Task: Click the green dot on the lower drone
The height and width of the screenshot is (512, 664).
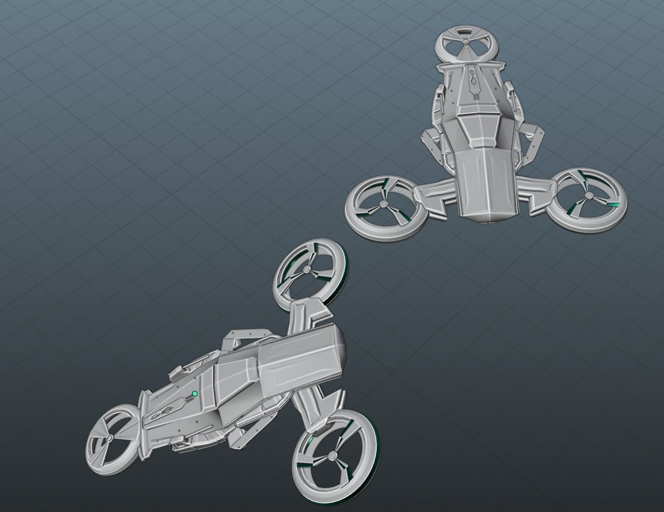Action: point(194,394)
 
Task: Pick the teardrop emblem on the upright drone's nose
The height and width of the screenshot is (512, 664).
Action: point(473,83)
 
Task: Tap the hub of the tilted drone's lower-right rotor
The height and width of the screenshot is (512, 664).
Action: point(332,455)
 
